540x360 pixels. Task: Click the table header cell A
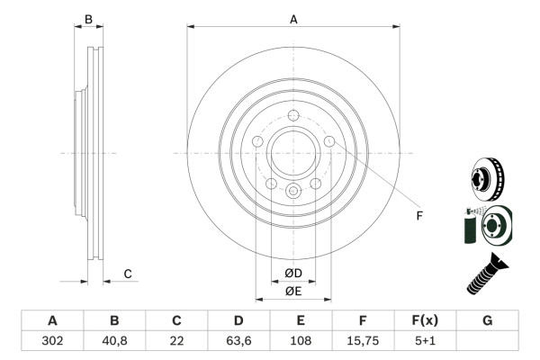pos(52,320)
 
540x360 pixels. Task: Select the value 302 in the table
pos(52,341)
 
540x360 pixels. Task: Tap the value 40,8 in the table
pos(114,341)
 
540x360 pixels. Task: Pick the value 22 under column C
pos(176,341)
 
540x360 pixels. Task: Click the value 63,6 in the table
pos(238,341)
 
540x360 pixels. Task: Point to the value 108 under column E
pos(301,341)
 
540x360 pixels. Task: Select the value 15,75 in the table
pos(363,341)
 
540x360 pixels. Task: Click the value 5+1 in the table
pos(425,341)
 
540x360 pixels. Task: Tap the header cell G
pos(487,320)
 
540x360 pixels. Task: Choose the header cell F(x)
pos(425,320)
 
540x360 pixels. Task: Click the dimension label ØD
pos(293,273)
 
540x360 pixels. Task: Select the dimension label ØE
pos(293,291)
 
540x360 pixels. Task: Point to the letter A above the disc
pos(293,19)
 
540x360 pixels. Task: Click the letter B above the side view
pos(88,19)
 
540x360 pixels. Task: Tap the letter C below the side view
pos(128,274)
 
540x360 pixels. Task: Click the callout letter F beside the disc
pos(418,215)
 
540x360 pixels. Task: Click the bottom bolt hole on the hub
pos(292,191)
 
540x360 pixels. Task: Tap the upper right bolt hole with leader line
pos(329,142)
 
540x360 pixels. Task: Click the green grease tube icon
pos(469,226)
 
